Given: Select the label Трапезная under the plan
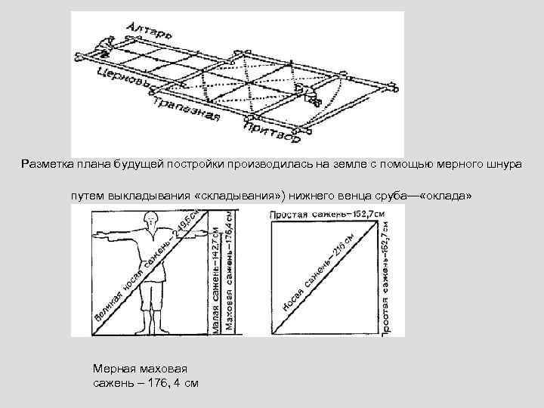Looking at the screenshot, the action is [x=185, y=109].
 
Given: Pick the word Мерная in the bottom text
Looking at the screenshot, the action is [x=113, y=369].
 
